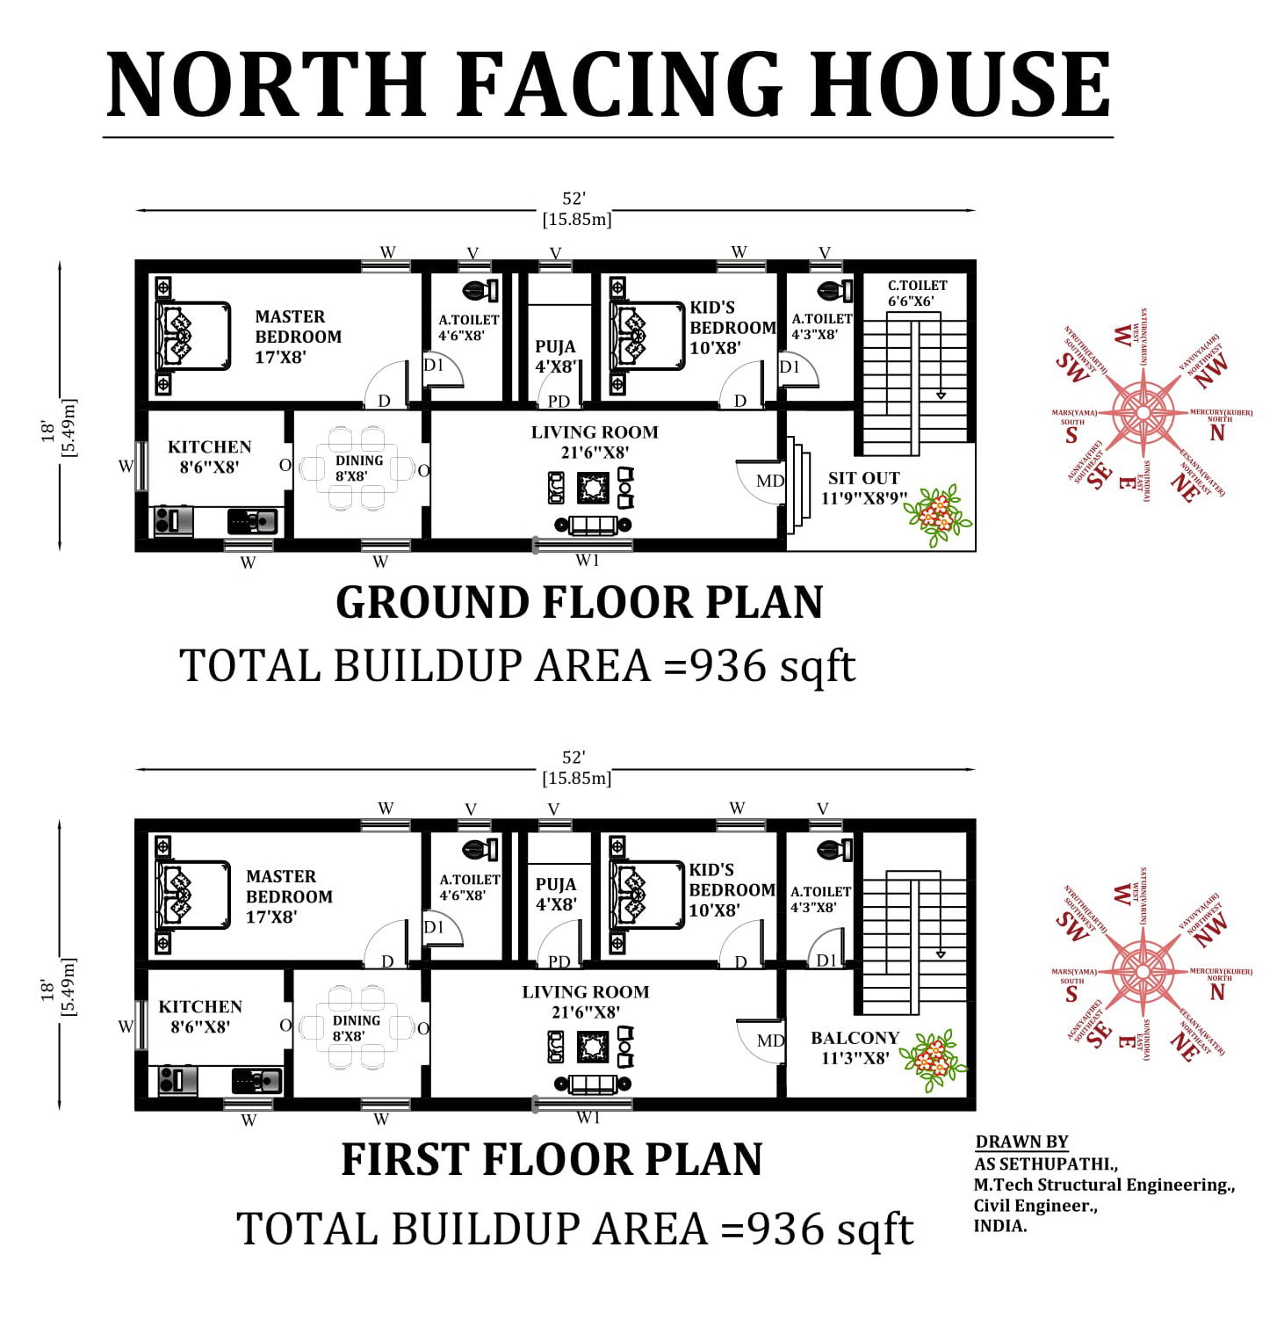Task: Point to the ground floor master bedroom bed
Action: pyautogui.click(x=193, y=336)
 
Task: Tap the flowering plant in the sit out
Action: pyautogui.click(x=938, y=513)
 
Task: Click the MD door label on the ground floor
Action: pyautogui.click(x=769, y=482)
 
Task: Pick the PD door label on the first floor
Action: pyautogui.click(x=559, y=961)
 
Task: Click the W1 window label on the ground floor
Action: pyautogui.click(x=588, y=560)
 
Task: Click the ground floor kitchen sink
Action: pyautogui.click(x=254, y=521)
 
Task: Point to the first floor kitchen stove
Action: pyautogui.click(x=177, y=1079)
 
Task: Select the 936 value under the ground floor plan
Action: pyautogui.click(x=728, y=666)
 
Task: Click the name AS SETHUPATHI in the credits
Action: pyautogui.click(x=1045, y=1164)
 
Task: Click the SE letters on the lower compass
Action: pyautogui.click(x=1097, y=1036)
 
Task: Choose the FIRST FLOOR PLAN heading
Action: pyautogui.click(x=552, y=1159)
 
